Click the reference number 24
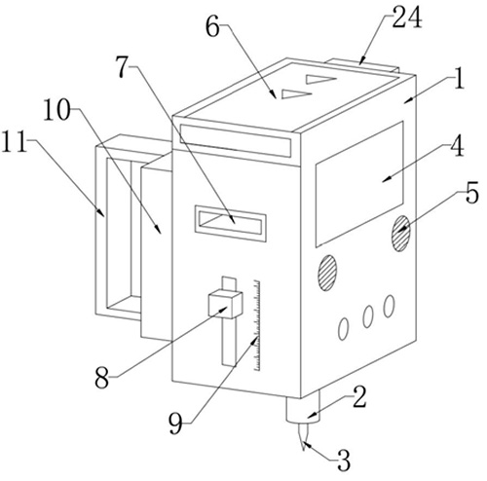[x=407, y=18]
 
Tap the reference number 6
[x=212, y=28]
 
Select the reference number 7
[x=124, y=67]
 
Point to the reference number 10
[x=57, y=110]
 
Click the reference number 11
[x=15, y=142]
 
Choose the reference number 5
[x=471, y=193]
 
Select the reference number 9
[x=175, y=425]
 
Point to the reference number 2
[x=359, y=396]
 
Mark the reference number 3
[x=344, y=461]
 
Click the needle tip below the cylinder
[x=304, y=450]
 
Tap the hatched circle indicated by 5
[x=401, y=234]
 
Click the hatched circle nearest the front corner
[x=326, y=273]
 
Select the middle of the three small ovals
[x=368, y=316]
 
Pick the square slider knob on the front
[x=226, y=305]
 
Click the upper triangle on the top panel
[x=320, y=79]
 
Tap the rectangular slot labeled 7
[x=231, y=224]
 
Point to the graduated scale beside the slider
[x=257, y=325]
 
